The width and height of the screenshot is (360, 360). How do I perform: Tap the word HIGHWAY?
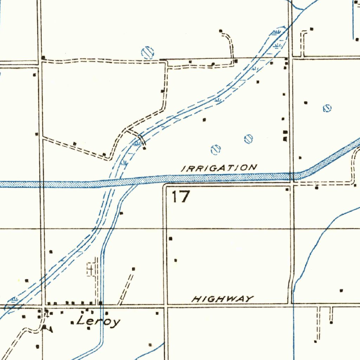click(x=223, y=299)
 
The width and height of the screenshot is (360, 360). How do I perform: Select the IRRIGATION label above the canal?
click(x=219, y=168)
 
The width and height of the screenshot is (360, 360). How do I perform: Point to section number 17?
click(x=181, y=197)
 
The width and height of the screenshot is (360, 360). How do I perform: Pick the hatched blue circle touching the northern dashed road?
click(x=148, y=53)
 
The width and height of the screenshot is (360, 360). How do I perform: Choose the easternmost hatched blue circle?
click(x=327, y=108)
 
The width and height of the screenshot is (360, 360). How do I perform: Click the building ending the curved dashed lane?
click(x=221, y=31)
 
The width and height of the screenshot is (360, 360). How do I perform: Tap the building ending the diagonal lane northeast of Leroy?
click(x=133, y=269)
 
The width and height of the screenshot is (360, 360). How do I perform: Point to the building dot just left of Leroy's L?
click(x=72, y=322)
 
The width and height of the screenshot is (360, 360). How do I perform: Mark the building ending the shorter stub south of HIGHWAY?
click(x=331, y=322)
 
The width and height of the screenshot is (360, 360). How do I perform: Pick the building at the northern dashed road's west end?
click(x=43, y=57)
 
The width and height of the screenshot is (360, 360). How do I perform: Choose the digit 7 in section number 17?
click(x=185, y=197)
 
